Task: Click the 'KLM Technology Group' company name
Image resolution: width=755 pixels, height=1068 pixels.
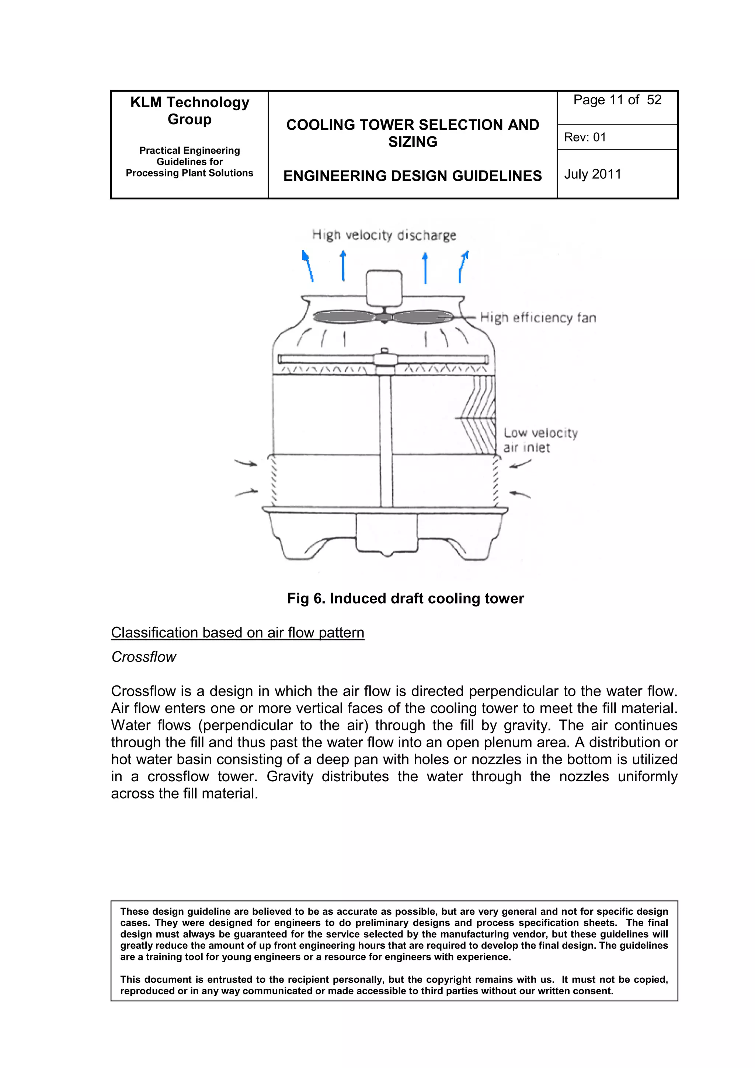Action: [189, 110]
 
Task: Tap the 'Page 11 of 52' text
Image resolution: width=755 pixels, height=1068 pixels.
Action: [617, 100]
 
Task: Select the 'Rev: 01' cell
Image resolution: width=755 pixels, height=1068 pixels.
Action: [585, 137]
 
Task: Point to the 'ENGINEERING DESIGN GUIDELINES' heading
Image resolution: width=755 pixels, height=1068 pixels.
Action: [412, 176]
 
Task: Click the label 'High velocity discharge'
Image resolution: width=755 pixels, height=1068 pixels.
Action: [384, 235]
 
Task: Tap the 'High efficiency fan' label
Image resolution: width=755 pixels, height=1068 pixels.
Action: [538, 318]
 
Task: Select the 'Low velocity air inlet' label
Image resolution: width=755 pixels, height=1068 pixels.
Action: [540, 440]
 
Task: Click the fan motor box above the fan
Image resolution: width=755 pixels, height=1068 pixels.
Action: [384, 287]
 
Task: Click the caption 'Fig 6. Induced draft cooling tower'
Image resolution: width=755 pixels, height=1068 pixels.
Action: [405, 598]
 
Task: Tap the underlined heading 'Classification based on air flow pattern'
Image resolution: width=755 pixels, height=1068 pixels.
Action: [237, 633]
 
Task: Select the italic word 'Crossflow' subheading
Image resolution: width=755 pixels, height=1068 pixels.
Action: [144, 657]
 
